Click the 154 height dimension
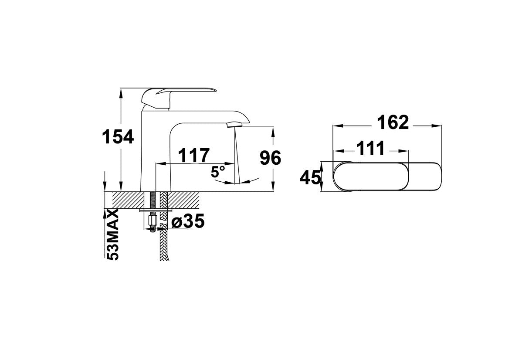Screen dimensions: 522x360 118,136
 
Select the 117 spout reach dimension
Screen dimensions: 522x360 194,155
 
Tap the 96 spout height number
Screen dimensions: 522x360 270,158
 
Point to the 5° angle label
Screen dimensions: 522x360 218,172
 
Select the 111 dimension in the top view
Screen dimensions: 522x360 370,148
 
